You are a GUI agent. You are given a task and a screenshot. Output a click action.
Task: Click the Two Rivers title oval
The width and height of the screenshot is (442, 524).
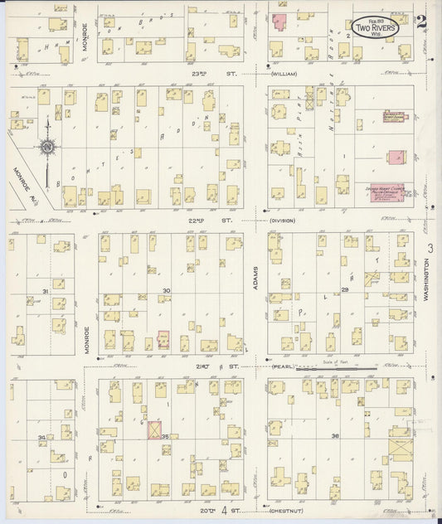pyautogui.click(x=372, y=27)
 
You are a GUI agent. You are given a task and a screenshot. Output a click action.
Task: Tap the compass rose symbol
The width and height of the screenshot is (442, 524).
pyautogui.click(x=46, y=146)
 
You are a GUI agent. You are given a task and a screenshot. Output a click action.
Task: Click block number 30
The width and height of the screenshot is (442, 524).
pyautogui.click(x=167, y=290)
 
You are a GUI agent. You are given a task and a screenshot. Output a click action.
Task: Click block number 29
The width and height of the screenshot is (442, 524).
pyautogui.click(x=343, y=290)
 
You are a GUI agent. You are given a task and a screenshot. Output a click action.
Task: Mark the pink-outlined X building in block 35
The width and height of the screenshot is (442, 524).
pyautogui.click(x=153, y=429)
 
